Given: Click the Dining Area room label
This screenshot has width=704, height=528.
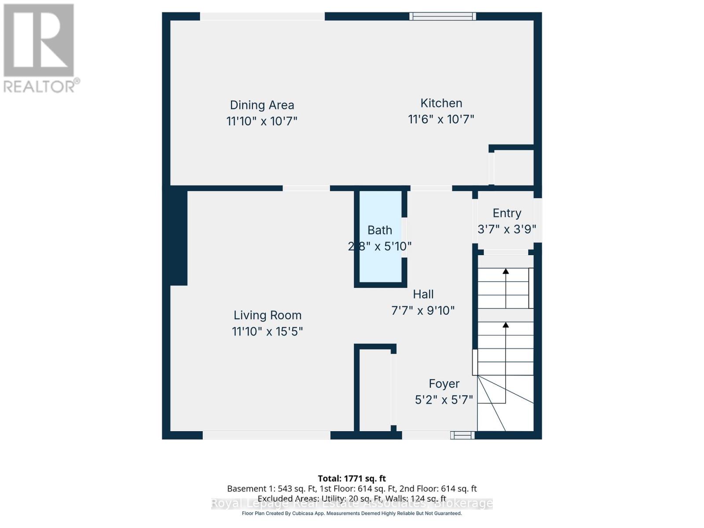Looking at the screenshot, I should click(x=262, y=105).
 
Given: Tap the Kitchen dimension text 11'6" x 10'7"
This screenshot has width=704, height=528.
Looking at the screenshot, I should click(x=441, y=119).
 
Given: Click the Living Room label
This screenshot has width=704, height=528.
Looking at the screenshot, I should click(x=268, y=315).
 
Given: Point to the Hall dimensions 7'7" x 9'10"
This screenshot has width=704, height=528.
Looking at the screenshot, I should click(x=423, y=311).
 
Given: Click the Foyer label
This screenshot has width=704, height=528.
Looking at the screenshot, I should click(x=444, y=384).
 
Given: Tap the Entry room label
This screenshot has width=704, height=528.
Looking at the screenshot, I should click(x=507, y=213).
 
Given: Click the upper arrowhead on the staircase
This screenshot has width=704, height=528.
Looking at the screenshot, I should click(x=506, y=271).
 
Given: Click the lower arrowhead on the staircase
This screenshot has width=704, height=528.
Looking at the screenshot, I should click(x=506, y=325).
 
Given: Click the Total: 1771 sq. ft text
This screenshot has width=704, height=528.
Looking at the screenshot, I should click(x=352, y=478).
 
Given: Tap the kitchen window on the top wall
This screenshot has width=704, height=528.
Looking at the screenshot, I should click(x=443, y=16).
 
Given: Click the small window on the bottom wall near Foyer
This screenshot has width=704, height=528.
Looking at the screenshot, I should click(x=462, y=435).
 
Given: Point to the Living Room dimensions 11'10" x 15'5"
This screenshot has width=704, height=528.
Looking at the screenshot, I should click(x=268, y=331).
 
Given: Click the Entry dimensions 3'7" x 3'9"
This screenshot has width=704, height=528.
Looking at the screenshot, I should click(x=507, y=229).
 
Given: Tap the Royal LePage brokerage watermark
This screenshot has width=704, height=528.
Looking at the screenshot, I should click(x=352, y=503).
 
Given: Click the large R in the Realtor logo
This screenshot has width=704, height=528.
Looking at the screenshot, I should click(x=39, y=40).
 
